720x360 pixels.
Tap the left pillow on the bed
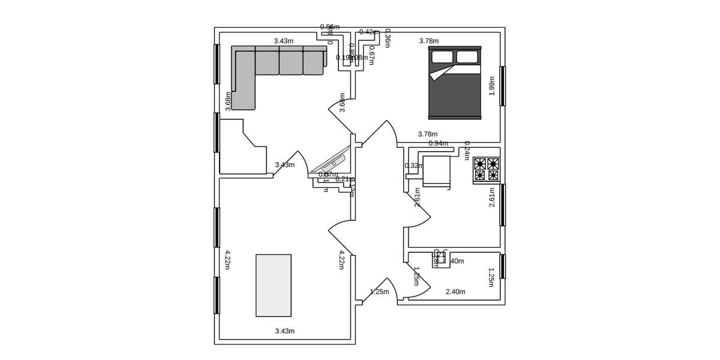tap(442, 57)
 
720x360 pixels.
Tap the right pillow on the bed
tap(467, 57)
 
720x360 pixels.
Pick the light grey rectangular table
tap(274, 285)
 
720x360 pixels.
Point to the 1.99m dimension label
tap(492, 86)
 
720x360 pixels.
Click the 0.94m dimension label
tap(438, 143)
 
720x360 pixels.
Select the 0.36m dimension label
tap(388, 38)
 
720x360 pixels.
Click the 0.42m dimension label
tap(368, 32)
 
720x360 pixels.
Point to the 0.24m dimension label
tap(467, 151)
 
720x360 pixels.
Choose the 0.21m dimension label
tap(343, 179)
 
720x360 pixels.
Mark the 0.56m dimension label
tap(329, 27)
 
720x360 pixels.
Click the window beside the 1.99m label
tap(503, 86)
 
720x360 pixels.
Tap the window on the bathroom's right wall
tap(503, 266)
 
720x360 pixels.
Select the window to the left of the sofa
tap(217, 64)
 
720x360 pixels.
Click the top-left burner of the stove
tap(479, 163)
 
